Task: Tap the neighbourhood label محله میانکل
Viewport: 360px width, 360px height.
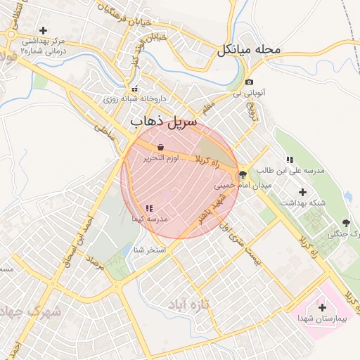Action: [x=249, y=50]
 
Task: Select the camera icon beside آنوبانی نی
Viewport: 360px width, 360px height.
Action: [x=249, y=82]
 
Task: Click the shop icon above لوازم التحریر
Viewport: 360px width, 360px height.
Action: [x=161, y=147]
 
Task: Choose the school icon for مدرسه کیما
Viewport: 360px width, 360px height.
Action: [x=149, y=208]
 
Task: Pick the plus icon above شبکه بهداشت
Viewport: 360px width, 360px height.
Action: [x=303, y=192]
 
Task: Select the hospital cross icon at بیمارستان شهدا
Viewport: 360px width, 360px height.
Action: [x=322, y=307]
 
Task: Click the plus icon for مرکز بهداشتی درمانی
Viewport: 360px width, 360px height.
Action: [x=44, y=30]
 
